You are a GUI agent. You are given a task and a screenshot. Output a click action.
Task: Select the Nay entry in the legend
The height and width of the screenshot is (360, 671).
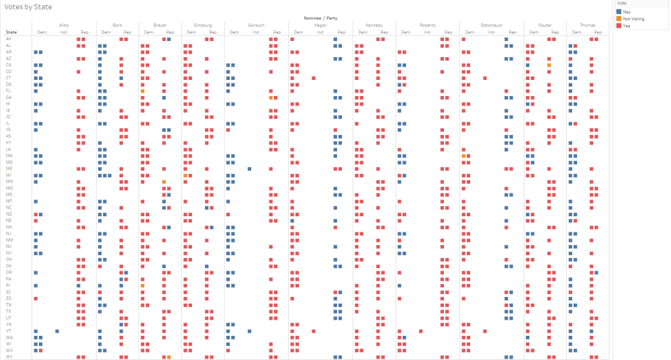click(627, 12)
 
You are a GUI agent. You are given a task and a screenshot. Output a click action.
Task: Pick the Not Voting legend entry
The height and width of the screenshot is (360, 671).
click(633, 19)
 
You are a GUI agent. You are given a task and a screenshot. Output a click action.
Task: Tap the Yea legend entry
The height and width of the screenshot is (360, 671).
click(627, 26)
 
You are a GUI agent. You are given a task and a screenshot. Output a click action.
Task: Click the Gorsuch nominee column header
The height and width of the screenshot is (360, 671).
click(256, 26)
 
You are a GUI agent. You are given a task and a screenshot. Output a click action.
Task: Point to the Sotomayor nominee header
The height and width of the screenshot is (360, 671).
click(492, 26)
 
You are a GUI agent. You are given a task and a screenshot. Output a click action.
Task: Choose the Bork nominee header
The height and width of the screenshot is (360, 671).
click(118, 26)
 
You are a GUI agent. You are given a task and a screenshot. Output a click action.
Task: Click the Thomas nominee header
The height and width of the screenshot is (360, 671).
click(588, 26)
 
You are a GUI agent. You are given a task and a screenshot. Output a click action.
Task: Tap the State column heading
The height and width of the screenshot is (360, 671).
click(11, 32)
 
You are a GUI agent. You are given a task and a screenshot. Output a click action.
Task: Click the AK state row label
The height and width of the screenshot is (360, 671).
click(9, 39)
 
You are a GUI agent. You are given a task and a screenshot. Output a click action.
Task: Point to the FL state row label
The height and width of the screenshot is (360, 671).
click(9, 91)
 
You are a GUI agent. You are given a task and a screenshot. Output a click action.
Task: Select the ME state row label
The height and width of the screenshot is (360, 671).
click(9, 169)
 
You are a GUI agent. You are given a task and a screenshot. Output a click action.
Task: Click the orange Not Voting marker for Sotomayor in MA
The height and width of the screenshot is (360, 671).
click(463, 156)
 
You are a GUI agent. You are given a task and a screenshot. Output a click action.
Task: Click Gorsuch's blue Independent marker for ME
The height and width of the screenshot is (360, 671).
click(249, 169)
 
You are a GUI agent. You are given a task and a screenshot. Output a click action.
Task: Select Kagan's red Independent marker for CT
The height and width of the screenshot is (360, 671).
click(314, 78)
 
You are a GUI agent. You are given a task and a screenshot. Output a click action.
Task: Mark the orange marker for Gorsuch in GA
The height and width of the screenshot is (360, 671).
click(271, 97)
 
